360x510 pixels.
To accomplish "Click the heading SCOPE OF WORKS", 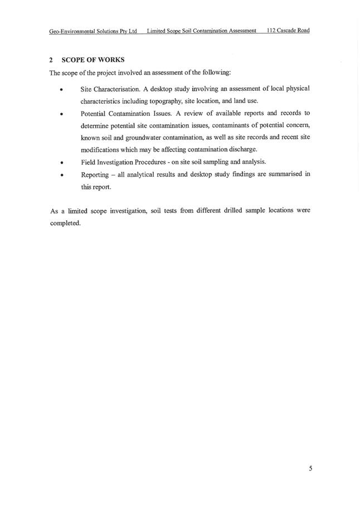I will [x=93, y=60].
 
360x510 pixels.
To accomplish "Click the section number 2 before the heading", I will [x=51, y=60].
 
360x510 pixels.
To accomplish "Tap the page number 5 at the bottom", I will [x=310, y=468].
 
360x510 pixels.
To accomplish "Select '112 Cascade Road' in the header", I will [x=288, y=31].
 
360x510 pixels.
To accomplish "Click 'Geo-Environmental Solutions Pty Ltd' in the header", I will [x=93, y=31].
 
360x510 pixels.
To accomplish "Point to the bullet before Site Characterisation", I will [x=61, y=90].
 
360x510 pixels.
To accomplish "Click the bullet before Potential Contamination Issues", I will [x=61, y=114].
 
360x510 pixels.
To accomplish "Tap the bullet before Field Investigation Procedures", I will [x=61, y=163].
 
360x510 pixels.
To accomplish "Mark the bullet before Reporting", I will [x=61, y=176].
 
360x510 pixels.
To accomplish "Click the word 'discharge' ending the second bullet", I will [x=242, y=150].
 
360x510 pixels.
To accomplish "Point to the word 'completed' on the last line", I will [x=65, y=224].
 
